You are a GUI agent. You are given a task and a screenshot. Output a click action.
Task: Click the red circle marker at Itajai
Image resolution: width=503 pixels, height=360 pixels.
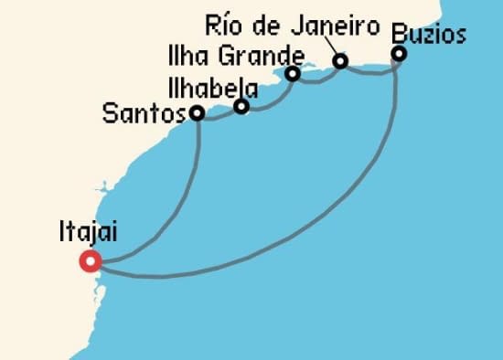pos(91,261)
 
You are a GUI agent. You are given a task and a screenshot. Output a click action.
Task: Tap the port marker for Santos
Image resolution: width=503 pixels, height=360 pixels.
pos(196,113)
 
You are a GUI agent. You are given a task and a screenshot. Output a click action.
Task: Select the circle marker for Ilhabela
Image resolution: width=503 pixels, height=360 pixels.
pos(241,107)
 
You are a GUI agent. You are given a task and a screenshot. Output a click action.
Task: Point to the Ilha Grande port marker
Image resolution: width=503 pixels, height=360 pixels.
pos(293,74)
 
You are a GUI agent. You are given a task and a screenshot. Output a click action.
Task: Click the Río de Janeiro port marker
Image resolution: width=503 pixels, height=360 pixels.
pos(340,61)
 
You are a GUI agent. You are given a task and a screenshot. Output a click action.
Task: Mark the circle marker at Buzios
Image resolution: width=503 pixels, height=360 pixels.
pos(399,54)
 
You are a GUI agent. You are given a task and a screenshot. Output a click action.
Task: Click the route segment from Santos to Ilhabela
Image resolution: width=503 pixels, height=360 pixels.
pos(219,116)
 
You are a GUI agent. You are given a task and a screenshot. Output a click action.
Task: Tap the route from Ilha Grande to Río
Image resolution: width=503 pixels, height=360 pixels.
pos(316,79)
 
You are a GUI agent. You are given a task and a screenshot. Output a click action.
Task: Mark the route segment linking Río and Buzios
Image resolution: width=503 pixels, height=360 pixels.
pos(370,72)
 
